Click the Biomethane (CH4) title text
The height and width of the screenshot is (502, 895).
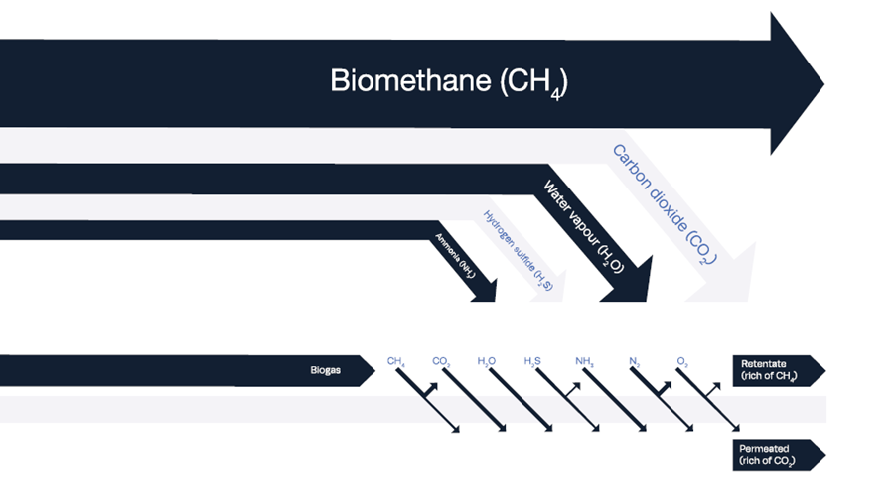(448, 81)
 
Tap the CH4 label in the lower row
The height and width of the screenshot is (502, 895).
(396, 362)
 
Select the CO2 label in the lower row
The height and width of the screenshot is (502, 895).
(442, 362)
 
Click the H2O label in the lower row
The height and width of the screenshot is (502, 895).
(487, 362)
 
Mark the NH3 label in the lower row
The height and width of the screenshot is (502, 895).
(584, 362)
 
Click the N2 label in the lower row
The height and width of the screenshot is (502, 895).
(634, 362)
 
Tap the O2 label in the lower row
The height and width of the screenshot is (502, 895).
(682, 362)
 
